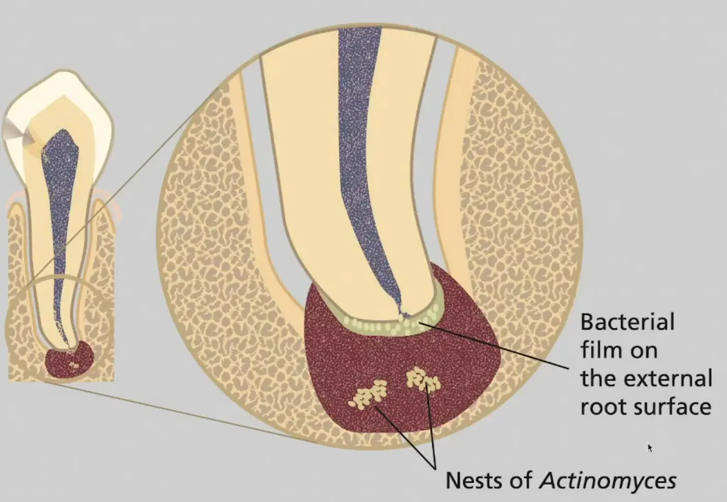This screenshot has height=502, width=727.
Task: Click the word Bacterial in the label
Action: point(627,322)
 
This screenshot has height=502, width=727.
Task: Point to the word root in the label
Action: point(603,407)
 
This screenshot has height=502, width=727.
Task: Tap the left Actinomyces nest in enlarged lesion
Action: point(368,395)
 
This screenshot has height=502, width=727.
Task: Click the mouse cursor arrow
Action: point(650,448)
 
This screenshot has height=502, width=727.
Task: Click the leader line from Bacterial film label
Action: point(494,346)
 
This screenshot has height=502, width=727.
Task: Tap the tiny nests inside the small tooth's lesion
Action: point(74,365)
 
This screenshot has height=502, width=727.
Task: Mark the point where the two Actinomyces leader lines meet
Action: point(434,469)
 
